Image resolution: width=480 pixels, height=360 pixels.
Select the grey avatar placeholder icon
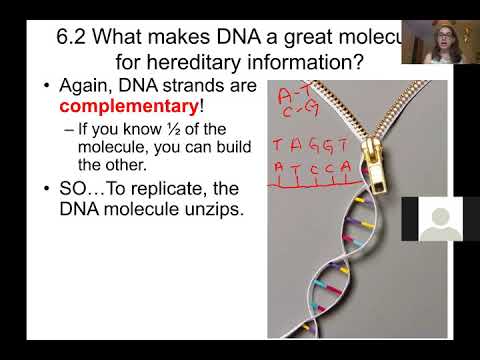point(441,221)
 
